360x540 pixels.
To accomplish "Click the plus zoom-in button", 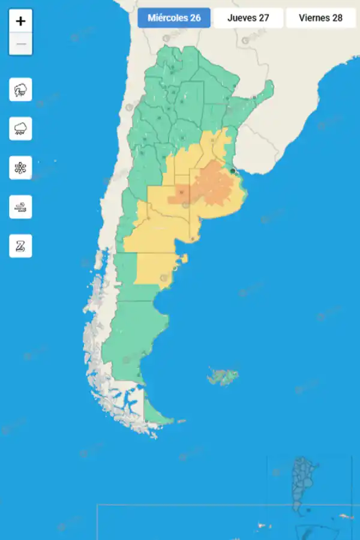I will (20, 21).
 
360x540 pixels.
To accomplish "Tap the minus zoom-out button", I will (20, 44).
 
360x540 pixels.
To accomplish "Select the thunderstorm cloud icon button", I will (20, 91).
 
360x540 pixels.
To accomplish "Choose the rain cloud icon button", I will (20, 129).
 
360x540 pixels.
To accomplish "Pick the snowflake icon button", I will (20, 168).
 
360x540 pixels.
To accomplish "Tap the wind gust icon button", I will (20, 207).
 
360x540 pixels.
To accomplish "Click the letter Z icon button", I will (20, 246).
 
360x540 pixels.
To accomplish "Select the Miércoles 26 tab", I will (174, 18).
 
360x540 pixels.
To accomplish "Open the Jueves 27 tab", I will (248, 18).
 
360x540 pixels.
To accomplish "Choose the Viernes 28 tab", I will (320, 18).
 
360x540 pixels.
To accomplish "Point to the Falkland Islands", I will (223, 377).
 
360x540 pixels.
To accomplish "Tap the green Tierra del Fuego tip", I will (156, 414).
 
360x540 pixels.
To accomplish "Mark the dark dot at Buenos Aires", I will (233, 171).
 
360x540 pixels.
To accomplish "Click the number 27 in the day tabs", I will (263, 18).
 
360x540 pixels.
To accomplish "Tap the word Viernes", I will (313, 18).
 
